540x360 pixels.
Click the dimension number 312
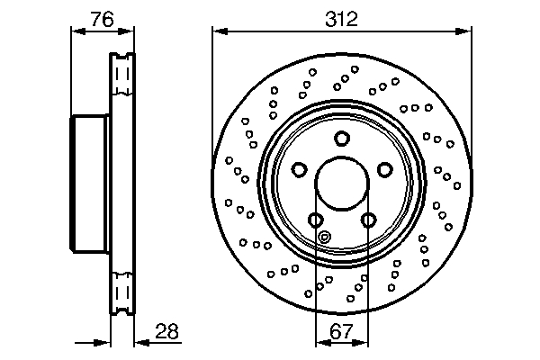click(x=342, y=17)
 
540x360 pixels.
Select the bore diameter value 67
click(x=341, y=330)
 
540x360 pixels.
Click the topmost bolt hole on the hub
click(x=341, y=138)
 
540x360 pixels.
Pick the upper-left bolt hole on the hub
click(x=299, y=169)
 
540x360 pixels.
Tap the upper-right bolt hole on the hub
click(x=384, y=169)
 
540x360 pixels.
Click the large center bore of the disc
click(x=341, y=184)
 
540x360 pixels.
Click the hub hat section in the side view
click(x=89, y=183)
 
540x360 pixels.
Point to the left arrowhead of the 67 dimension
click(x=320, y=342)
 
